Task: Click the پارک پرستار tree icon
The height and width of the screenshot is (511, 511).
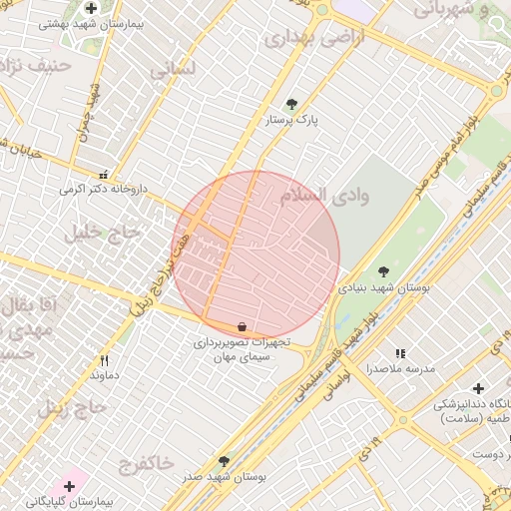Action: pyautogui.click(x=291, y=104)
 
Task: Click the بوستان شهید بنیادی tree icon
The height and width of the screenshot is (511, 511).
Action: pyautogui.click(x=383, y=271)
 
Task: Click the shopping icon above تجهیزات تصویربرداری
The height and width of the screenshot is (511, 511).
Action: pyautogui.click(x=243, y=327)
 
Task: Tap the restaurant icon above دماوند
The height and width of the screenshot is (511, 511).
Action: pyautogui.click(x=104, y=360)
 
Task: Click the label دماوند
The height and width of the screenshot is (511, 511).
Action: pyautogui.click(x=104, y=375)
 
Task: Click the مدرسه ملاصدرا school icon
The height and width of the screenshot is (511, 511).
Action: pyautogui.click(x=400, y=353)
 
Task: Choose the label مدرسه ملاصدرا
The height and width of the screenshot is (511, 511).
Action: pyautogui.click(x=400, y=368)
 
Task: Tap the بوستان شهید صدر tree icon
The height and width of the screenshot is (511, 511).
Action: pyautogui.click(x=224, y=462)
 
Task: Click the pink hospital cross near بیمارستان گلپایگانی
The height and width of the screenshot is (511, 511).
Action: pyautogui.click(x=69, y=486)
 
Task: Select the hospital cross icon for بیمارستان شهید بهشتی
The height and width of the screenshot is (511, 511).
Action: pyautogui.click(x=91, y=9)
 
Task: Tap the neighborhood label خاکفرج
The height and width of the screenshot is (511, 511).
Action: pyautogui.click(x=146, y=462)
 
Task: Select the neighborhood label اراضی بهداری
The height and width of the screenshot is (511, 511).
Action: pyautogui.click(x=314, y=37)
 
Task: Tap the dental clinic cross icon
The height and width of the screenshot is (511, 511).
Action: pyautogui.click(x=478, y=387)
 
